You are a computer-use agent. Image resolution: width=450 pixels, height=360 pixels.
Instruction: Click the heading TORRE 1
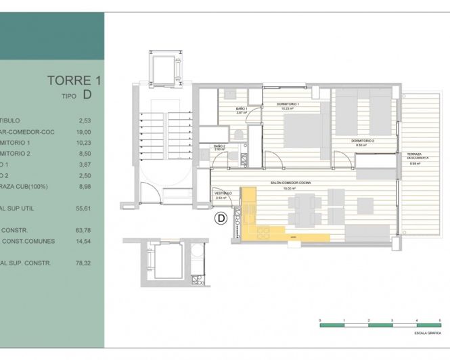[x=74, y=81]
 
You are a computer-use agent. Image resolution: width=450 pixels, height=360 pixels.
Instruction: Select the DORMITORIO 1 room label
[x=288, y=104]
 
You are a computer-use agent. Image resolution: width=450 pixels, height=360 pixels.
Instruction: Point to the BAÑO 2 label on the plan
[x=219, y=146]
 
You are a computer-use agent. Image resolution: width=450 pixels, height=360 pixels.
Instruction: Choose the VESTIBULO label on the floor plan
[x=223, y=193]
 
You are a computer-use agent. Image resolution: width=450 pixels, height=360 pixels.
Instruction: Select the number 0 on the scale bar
[x=319, y=318]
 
